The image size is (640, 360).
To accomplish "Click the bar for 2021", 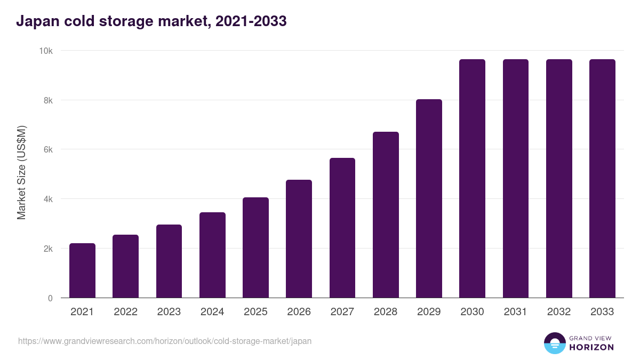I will pos(82,270).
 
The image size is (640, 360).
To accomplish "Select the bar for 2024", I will pos(212,255).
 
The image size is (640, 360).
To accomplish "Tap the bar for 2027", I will pos(342,228).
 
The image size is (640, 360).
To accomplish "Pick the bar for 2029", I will pos(429,198).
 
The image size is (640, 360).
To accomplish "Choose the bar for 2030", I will pos(472,179).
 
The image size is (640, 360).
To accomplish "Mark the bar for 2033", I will pos(602,179).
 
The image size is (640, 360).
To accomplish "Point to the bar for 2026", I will pos(299,239).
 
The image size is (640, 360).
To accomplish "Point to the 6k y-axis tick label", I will pos(48,150).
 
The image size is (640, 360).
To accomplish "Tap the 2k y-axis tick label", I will pos(48,249).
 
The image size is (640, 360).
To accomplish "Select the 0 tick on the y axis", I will pos(50,298).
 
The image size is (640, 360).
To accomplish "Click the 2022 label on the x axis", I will pos(125,312).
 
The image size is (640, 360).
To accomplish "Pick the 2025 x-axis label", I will pos(255,312).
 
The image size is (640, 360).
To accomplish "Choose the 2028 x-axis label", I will pos(386,312).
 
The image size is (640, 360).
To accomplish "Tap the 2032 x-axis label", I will pos(559,312).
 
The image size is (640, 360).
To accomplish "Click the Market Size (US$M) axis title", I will pos(21,172).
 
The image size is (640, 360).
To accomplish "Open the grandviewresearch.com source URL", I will pos(165,341).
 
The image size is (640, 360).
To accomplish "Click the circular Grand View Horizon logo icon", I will pos(554,343).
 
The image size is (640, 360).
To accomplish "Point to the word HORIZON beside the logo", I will pos(591,347).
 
